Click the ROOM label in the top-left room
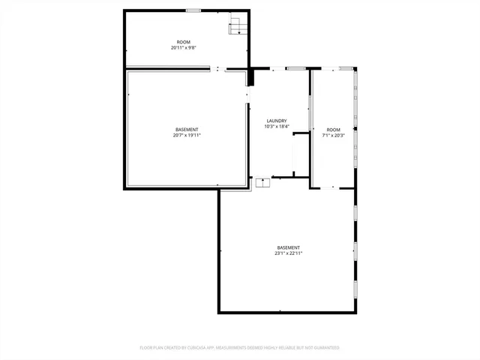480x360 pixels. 183,42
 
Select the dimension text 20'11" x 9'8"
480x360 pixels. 183,48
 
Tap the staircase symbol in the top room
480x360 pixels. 237,27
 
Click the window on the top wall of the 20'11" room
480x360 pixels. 193,10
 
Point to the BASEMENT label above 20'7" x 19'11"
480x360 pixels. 187,130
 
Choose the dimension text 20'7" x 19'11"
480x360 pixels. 187,136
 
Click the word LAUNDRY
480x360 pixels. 277,121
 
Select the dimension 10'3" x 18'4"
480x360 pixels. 277,127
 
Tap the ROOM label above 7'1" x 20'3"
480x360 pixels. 333,130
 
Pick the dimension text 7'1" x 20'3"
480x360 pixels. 333,136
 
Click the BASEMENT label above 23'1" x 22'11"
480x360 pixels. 289,247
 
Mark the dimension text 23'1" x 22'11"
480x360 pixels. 289,253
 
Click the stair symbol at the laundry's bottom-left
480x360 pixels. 263,182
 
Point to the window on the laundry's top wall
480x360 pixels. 295,69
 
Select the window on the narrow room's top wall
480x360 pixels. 345,69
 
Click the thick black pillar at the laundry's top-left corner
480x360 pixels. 252,77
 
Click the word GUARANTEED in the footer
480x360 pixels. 324,348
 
